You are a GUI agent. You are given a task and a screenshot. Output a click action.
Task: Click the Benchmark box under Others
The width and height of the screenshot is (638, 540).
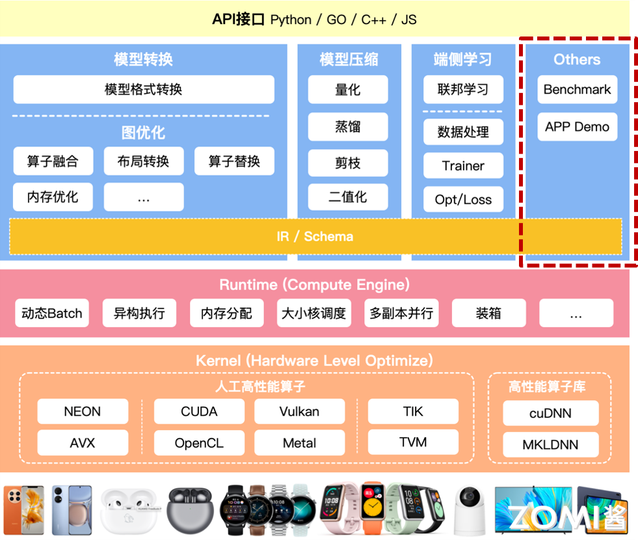(577, 90)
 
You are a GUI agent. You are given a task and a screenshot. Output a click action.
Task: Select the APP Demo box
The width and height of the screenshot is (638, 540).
(577, 127)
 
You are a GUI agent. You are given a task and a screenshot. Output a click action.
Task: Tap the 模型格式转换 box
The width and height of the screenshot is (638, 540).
(144, 90)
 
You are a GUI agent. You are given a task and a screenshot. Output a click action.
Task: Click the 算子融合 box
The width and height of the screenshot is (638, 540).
(53, 161)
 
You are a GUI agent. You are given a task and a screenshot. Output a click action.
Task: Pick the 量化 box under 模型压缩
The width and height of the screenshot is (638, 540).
(348, 90)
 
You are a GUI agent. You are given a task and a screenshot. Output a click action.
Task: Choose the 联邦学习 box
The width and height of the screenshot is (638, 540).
(463, 90)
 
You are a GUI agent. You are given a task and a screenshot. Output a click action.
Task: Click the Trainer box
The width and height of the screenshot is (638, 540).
(463, 166)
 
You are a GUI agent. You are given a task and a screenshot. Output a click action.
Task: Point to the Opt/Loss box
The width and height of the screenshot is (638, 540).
(463, 200)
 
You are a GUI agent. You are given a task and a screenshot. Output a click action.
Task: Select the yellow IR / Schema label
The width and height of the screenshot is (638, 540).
(315, 236)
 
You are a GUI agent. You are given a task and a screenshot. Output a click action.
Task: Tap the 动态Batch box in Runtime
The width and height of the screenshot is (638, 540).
(52, 314)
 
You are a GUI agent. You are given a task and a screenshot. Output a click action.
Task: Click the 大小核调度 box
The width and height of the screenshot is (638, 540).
(314, 314)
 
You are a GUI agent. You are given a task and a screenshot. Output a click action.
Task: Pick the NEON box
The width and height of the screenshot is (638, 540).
(83, 412)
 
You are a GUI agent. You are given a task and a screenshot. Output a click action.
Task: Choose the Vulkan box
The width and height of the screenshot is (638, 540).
(299, 412)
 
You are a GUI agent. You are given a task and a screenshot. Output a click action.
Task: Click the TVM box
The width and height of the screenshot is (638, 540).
(413, 443)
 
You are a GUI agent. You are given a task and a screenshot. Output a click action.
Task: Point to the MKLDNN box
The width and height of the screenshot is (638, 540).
(551, 446)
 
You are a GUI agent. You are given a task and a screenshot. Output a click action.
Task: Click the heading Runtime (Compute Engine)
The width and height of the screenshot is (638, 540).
(314, 285)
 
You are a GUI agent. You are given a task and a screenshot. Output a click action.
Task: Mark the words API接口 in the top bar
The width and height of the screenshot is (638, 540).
(239, 20)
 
